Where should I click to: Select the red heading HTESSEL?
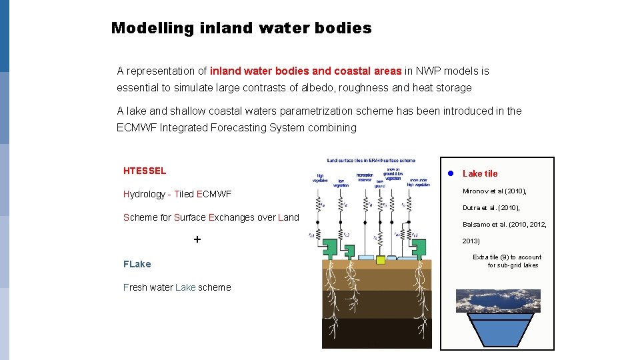click(145, 171)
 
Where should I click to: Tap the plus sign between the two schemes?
click(197, 239)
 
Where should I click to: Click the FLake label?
click(137, 264)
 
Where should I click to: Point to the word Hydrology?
click(144, 194)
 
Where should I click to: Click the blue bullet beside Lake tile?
click(450, 173)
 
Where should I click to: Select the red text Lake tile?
click(480, 173)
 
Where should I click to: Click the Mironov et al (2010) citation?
click(494, 191)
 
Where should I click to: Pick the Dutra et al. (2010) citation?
click(491, 208)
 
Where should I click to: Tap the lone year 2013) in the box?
click(471, 241)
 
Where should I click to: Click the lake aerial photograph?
click(498, 301)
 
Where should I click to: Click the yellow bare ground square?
click(380, 260)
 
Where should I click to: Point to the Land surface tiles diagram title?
click(371, 161)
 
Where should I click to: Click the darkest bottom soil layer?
click(377, 333)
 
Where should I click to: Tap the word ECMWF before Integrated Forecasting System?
click(137, 127)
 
